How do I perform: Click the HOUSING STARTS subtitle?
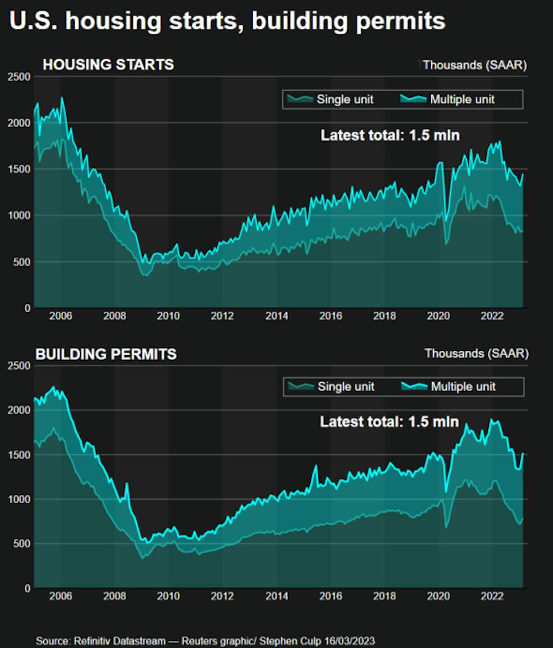click(x=108, y=65)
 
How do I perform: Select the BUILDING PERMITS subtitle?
click(x=106, y=354)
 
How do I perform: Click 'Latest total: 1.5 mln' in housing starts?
click(x=390, y=135)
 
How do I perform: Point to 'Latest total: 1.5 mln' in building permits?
click(x=389, y=422)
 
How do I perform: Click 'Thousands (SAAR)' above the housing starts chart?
click(x=474, y=65)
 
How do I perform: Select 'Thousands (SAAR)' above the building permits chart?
click(x=476, y=353)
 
